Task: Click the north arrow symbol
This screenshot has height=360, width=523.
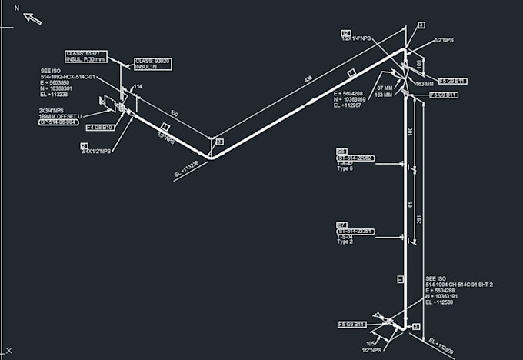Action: pyautogui.click(x=32, y=18)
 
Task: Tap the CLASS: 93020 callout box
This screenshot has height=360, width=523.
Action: pyautogui.click(x=153, y=64)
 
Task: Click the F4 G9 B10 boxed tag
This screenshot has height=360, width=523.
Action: pyautogui.click(x=100, y=127)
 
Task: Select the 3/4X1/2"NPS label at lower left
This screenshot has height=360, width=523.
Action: pyautogui.click(x=96, y=152)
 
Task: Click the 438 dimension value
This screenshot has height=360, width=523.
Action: pyautogui.click(x=308, y=79)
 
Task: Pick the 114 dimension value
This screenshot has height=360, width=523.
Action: pyautogui.click(x=138, y=86)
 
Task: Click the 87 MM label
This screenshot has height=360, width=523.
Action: pyautogui.click(x=384, y=88)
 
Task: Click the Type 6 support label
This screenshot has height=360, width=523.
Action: pyautogui.click(x=345, y=168)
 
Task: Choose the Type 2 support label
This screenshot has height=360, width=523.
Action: pyautogui.click(x=345, y=242)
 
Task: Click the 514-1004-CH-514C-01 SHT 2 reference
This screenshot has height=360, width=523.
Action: pyautogui.click(x=459, y=285)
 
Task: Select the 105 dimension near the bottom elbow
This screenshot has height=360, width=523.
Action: pyautogui.click(x=369, y=343)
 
